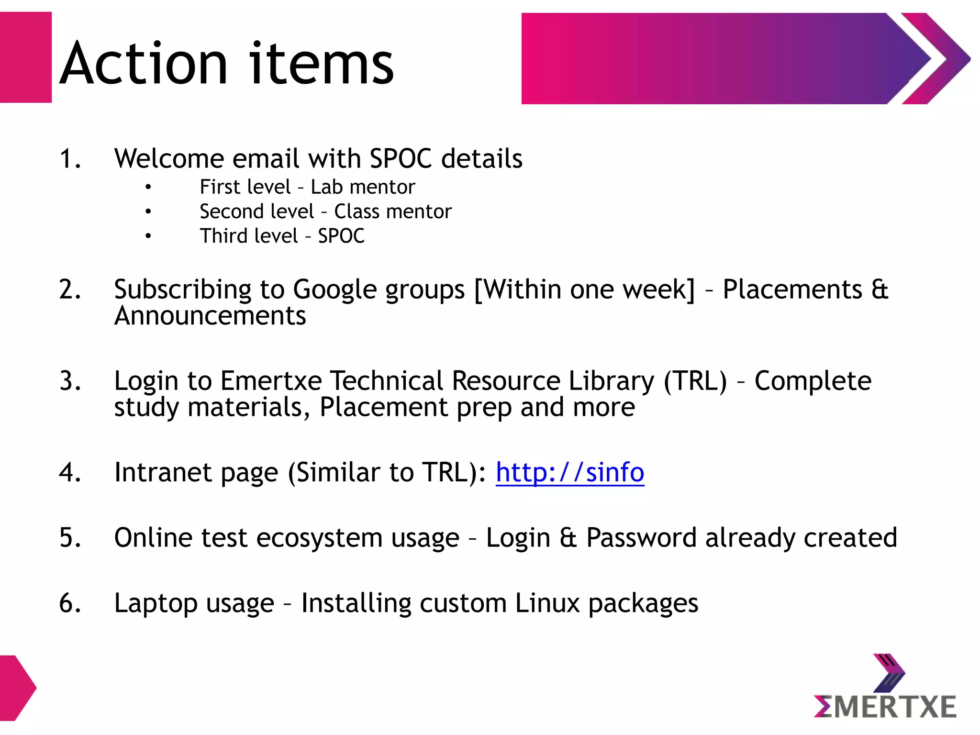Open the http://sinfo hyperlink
[x=569, y=473]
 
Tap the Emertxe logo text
[x=885, y=707]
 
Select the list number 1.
[x=70, y=159]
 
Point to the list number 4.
[x=70, y=473]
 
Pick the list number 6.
[x=70, y=603]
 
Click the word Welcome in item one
[x=169, y=159]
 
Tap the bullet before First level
[x=148, y=187]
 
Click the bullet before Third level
[x=148, y=236]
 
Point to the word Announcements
[x=210, y=316]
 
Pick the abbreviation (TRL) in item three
[x=695, y=381]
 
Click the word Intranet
[x=163, y=473]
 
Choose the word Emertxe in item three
[x=271, y=381]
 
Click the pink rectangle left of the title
[x=25, y=57]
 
